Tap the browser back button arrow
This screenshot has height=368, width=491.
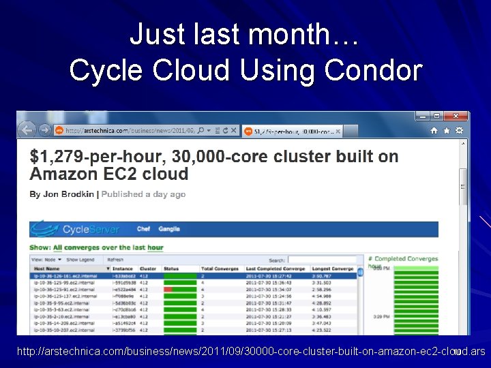[27, 129]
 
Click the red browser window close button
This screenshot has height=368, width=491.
[456, 117]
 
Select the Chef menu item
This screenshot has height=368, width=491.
[144, 229]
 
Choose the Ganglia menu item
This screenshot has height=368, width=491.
[169, 229]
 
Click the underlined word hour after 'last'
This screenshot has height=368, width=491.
[155, 247]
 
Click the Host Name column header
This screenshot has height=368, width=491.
[48, 269]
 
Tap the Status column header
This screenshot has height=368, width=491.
[171, 269]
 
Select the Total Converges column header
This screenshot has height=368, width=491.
[218, 269]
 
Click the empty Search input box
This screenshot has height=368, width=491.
[326, 260]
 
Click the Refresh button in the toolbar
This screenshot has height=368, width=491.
[115, 260]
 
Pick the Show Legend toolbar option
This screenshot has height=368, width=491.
[80, 260]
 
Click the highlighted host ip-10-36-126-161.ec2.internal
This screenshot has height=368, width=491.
[61, 276]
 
